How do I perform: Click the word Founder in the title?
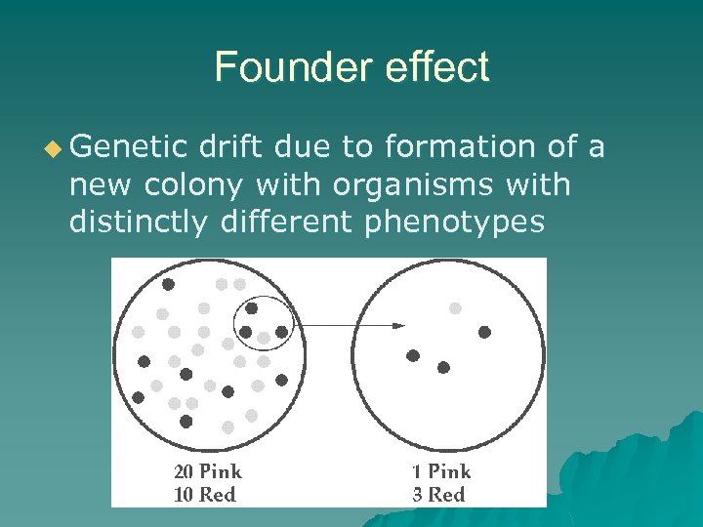pos(294,67)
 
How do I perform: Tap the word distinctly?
pos(139,223)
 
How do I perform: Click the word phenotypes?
pos(454,223)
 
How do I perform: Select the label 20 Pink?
pos(208,472)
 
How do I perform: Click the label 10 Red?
pos(205,495)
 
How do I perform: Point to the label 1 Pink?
pos(440,472)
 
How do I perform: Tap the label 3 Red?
pos(438,495)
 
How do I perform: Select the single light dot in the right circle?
pos(455,308)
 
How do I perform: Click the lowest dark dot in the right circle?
pos(443,368)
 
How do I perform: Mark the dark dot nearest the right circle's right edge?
pos(484,332)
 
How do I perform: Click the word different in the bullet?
pos(289,223)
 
